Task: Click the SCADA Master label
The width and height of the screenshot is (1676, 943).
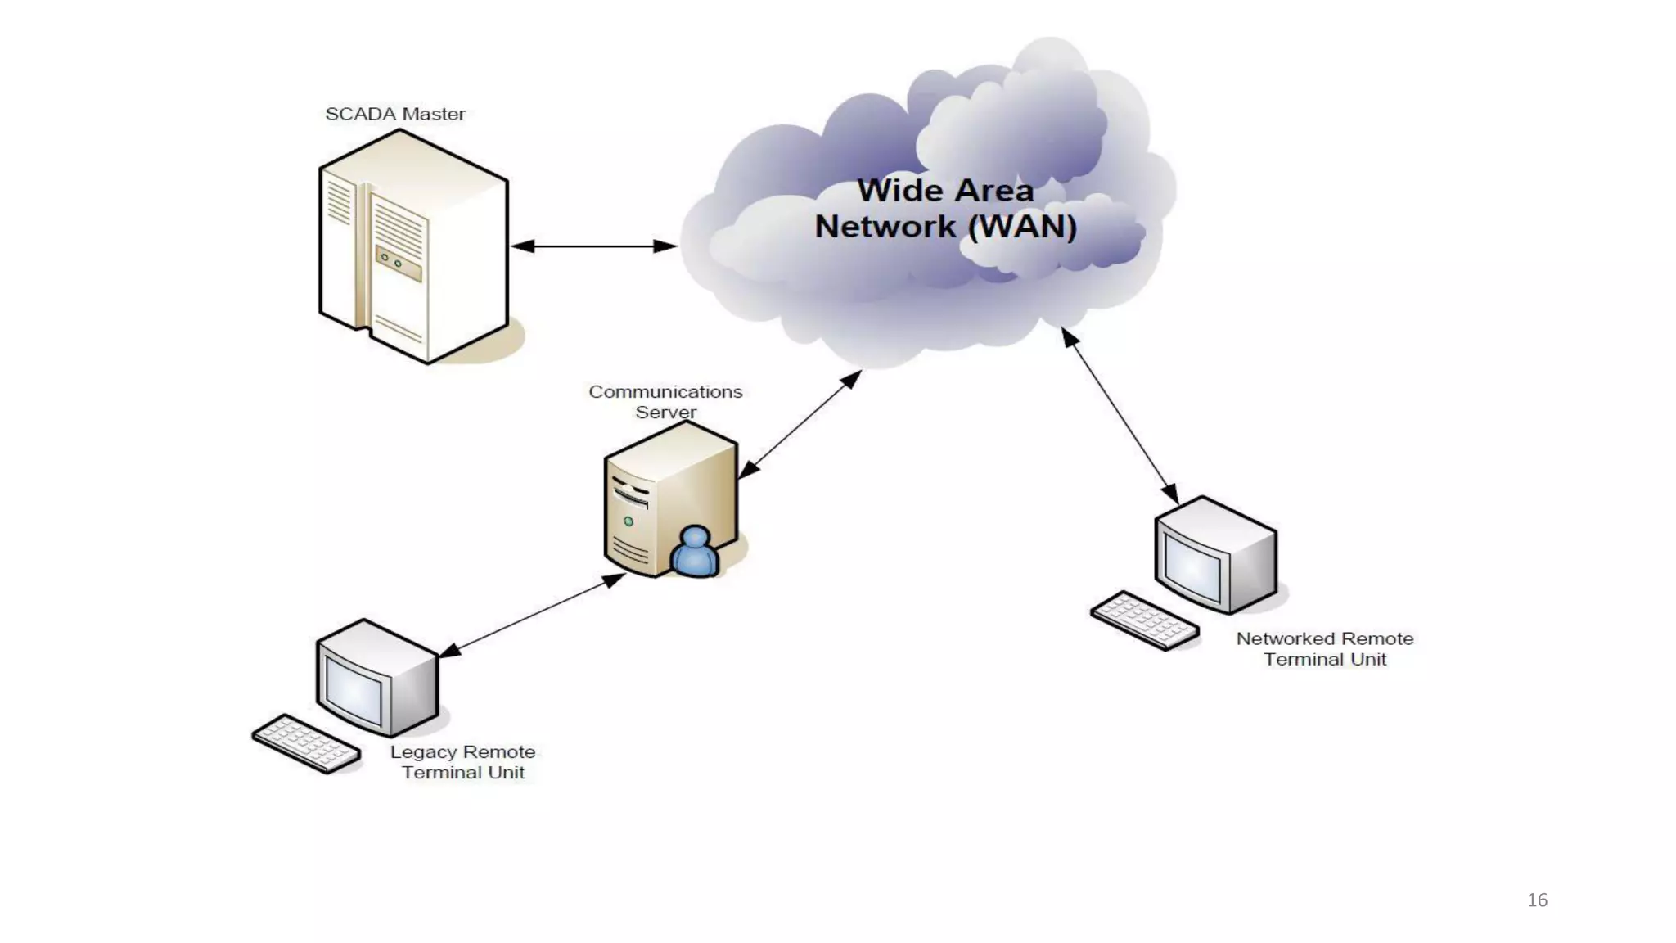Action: (x=395, y=115)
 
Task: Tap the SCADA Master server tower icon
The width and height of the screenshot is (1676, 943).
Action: (x=413, y=246)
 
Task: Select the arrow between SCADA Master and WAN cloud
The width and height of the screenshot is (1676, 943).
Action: (x=593, y=246)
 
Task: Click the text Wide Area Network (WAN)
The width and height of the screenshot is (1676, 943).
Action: (x=945, y=209)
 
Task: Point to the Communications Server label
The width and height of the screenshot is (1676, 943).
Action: (x=665, y=402)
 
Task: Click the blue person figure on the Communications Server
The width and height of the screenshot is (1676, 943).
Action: (x=695, y=553)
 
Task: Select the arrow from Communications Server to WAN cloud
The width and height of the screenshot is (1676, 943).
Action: (x=800, y=424)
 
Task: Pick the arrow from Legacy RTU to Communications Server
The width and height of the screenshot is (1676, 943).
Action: (x=533, y=615)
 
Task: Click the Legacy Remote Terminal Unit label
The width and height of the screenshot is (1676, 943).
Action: (x=463, y=762)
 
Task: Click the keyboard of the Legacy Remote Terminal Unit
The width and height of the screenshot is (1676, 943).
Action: (x=306, y=743)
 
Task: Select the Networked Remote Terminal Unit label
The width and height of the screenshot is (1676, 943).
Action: (x=1324, y=649)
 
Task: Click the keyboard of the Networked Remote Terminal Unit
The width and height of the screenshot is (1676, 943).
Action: (x=1145, y=620)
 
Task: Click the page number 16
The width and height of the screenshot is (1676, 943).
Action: (x=1537, y=900)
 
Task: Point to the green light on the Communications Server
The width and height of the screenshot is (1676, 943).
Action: (x=628, y=521)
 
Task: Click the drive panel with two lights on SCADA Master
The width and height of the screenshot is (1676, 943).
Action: (x=399, y=264)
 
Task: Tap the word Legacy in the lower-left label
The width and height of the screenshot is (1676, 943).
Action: (x=423, y=752)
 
